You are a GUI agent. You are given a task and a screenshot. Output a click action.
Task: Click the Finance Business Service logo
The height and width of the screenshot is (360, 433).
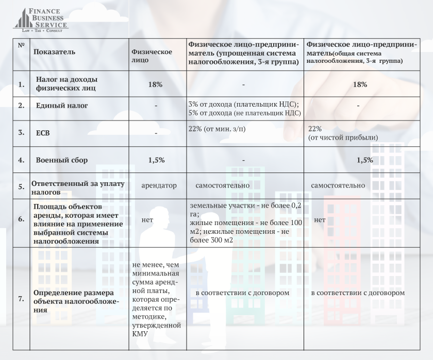[41, 20]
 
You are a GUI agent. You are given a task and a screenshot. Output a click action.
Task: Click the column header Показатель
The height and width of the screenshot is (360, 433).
[54, 52]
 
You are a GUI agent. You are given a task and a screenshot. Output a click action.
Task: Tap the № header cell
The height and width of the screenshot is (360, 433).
[21, 45]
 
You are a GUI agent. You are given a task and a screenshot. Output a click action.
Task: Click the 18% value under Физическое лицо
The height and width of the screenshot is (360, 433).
[156, 84]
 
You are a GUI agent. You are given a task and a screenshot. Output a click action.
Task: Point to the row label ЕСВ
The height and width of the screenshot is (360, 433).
[42, 132]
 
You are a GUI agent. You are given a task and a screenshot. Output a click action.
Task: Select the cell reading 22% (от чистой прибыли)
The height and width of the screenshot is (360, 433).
[343, 133]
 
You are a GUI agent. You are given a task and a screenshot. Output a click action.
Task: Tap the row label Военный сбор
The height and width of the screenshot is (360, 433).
[62, 160]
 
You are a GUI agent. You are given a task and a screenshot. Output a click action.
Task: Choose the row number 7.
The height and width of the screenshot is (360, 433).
[21, 299]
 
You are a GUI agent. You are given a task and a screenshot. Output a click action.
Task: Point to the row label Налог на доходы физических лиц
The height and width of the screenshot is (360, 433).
[67, 84]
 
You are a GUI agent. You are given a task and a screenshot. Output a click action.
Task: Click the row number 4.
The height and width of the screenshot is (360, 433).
[21, 160]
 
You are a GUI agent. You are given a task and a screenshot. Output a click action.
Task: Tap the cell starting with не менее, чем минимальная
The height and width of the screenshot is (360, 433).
[156, 299]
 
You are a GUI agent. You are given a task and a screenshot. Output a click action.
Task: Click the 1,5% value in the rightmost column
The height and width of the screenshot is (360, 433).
[364, 160]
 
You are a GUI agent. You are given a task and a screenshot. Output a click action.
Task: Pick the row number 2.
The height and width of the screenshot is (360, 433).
[21, 106]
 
